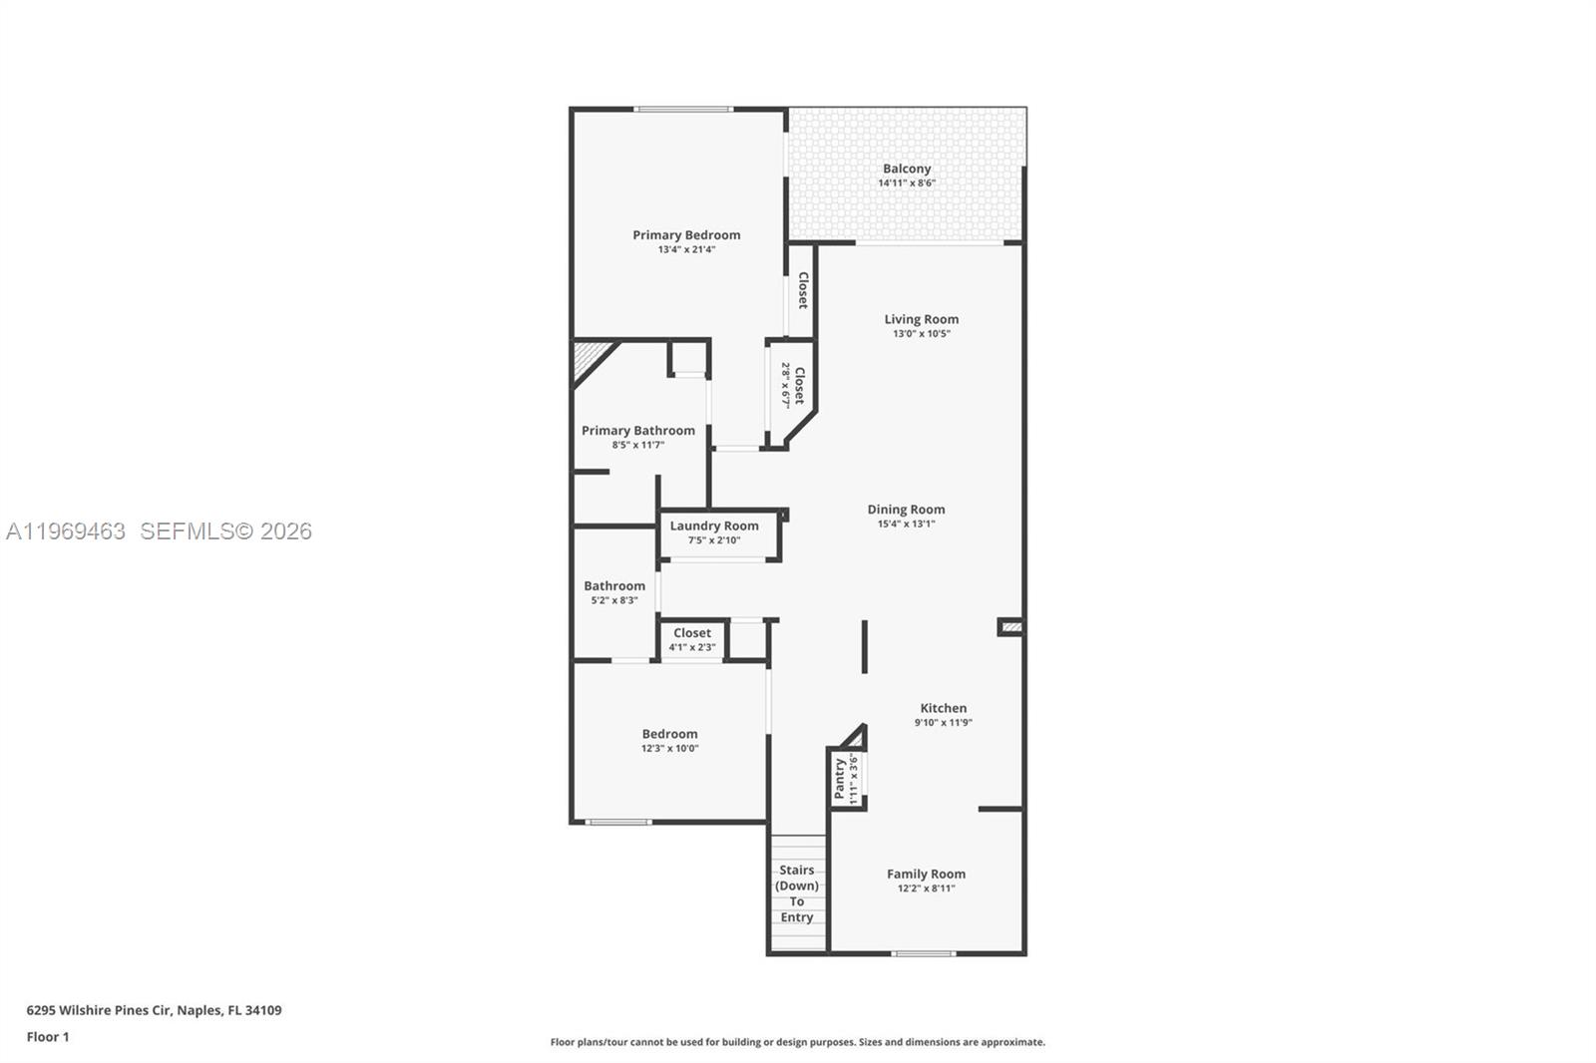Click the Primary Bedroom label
(x=686, y=235)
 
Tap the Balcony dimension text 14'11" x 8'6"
(x=906, y=183)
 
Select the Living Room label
(x=921, y=319)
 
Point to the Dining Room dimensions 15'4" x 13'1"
(x=906, y=524)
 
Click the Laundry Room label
(x=714, y=526)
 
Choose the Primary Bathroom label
(x=638, y=431)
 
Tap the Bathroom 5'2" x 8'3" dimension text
(x=614, y=600)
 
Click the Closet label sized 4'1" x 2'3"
(x=692, y=633)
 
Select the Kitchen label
(x=943, y=708)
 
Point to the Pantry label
(x=840, y=778)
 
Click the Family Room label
(x=926, y=874)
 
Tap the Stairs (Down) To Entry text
(x=797, y=893)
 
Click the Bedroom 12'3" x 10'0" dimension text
(x=669, y=748)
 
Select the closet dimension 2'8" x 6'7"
(x=786, y=385)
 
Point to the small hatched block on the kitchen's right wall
(x=1011, y=627)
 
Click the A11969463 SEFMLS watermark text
(x=160, y=531)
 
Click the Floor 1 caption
(x=48, y=1037)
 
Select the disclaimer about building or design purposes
(x=798, y=1042)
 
